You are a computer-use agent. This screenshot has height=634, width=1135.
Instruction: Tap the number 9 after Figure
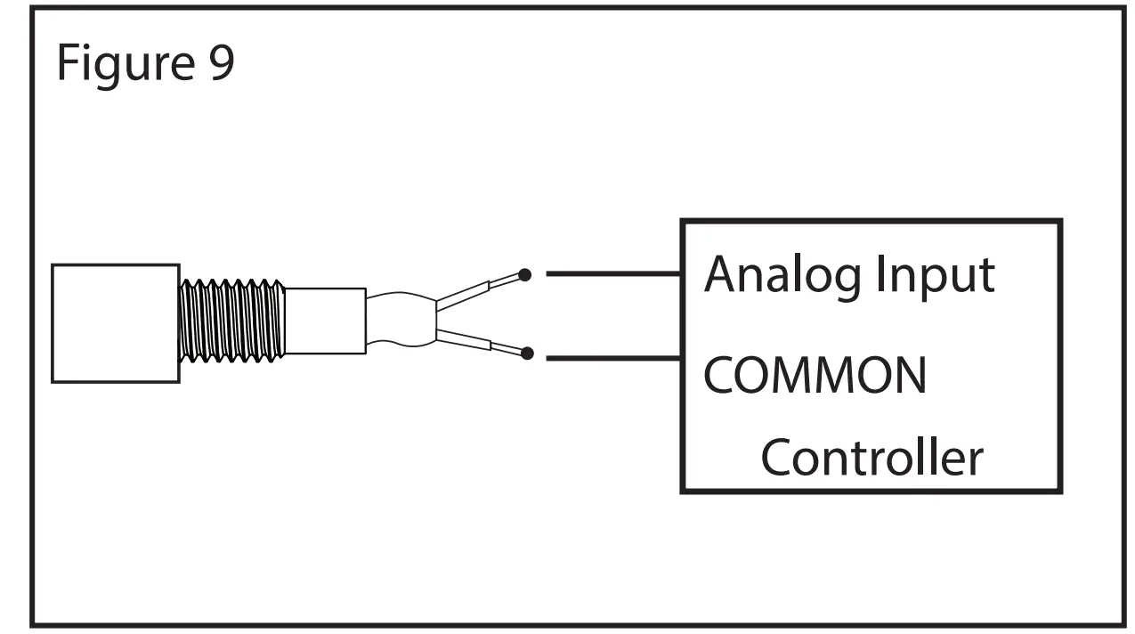[222, 62]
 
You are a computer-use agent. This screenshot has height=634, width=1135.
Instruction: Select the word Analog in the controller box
[783, 274]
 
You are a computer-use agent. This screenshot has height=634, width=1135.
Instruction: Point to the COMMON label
[815, 375]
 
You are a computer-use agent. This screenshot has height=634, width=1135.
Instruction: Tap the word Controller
[872, 458]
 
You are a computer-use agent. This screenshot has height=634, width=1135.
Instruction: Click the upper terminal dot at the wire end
[525, 275]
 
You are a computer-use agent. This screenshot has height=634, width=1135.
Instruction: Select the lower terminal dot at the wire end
[527, 354]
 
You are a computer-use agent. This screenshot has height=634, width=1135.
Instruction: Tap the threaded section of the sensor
[231, 321]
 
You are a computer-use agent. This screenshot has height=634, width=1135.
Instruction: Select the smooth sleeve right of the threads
[325, 321]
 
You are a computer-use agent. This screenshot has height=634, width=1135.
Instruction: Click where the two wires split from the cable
[436, 318]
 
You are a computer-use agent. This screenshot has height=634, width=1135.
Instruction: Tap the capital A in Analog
[721, 274]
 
